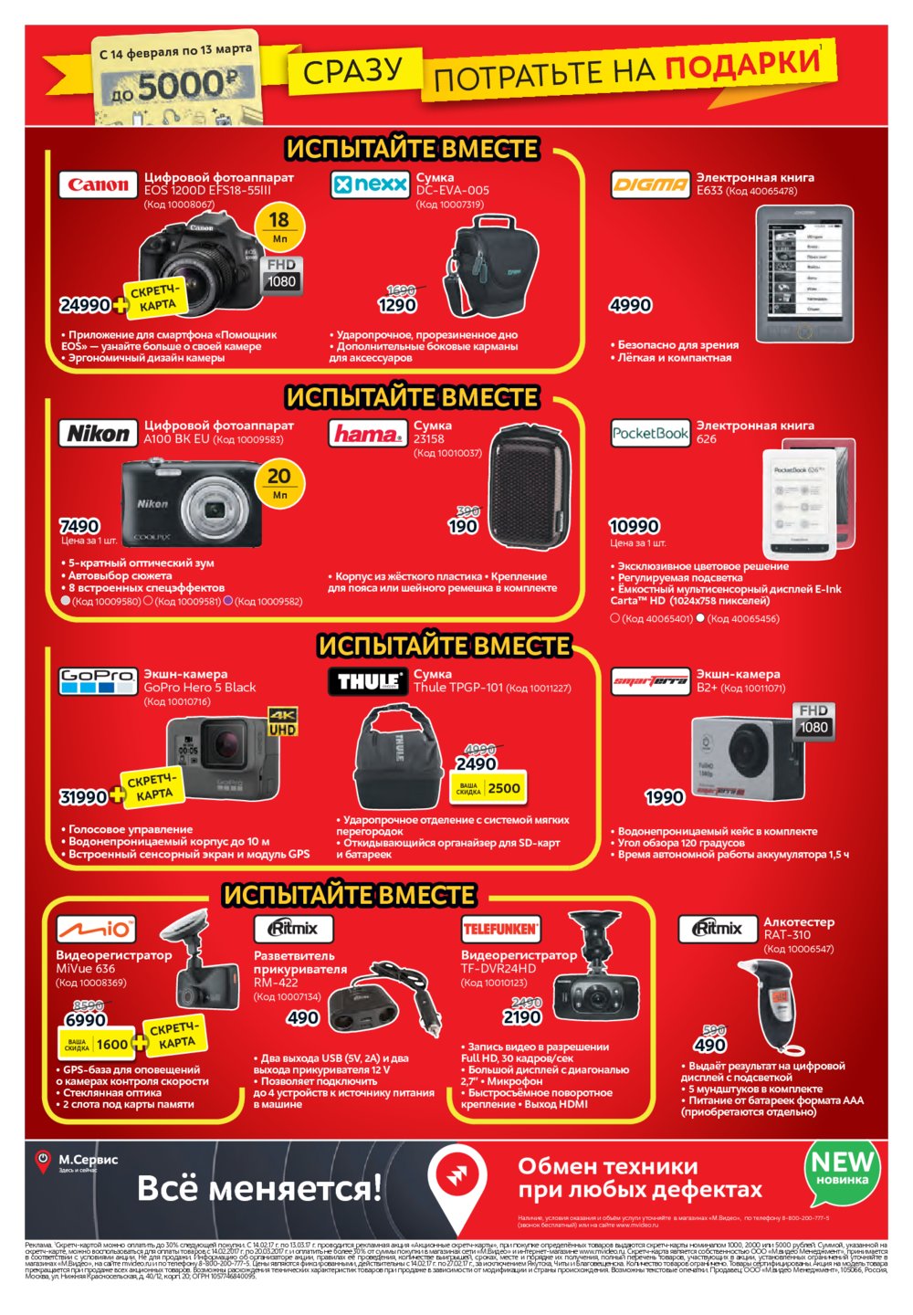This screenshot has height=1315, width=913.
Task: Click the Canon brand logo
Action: pyautogui.click(x=98, y=184)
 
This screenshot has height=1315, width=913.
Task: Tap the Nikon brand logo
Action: pyautogui.click(x=98, y=433)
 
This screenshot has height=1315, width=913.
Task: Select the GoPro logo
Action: pyautogui.click(x=98, y=680)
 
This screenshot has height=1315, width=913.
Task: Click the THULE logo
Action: pyautogui.click(x=367, y=681)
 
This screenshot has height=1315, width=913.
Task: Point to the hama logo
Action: pyautogui.click(x=367, y=434)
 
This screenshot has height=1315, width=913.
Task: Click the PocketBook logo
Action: pyautogui.click(x=650, y=433)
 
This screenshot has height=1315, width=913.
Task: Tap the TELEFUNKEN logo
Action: pyautogui.click(x=500, y=929)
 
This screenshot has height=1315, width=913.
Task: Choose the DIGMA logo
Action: pyautogui.click(x=650, y=184)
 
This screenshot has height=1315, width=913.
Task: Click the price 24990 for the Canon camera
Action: pyautogui.click(x=84, y=305)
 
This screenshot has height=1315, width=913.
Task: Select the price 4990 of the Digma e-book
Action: pyautogui.click(x=631, y=305)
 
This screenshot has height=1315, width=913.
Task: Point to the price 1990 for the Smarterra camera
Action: pyautogui.click(x=665, y=797)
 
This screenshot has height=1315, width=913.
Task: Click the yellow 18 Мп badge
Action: pyautogui.click(x=279, y=226)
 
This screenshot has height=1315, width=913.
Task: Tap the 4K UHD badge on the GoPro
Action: pyautogui.click(x=282, y=721)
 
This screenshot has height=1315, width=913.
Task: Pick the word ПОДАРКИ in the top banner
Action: pyautogui.click(x=741, y=64)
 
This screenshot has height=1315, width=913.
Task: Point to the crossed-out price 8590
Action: pyautogui.click(x=88, y=1005)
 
